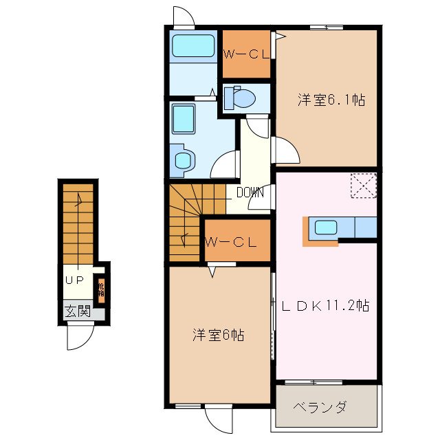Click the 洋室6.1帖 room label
pos(331,100)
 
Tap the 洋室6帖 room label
pos(217,335)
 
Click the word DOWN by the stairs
pos(250,192)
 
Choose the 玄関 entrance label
pos(78,310)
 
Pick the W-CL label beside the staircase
pos(231,242)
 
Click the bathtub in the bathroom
pos(192,47)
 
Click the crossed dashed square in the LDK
pos(364,186)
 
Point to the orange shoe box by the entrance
pos(101,289)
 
